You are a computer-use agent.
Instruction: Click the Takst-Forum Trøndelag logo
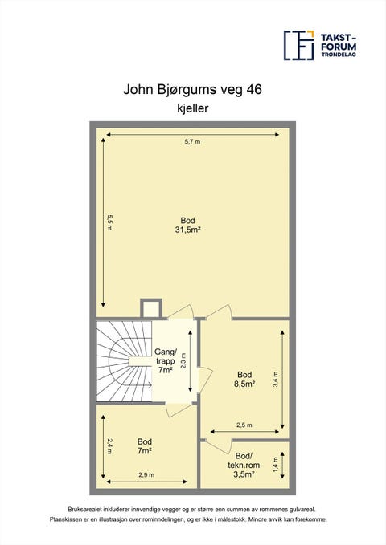(x=320, y=45)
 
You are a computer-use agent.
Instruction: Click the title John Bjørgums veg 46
(x=192, y=90)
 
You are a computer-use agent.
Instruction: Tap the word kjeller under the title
(x=193, y=108)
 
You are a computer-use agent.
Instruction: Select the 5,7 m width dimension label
(x=192, y=141)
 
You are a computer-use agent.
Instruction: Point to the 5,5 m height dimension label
(x=110, y=223)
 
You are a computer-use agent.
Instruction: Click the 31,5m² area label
(x=187, y=230)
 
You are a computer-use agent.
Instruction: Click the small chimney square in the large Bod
(x=151, y=308)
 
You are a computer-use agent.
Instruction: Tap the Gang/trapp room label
(x=166, y=360)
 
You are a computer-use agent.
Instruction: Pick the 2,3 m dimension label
(x=184, y=360)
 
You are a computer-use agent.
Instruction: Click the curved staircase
(x=124, y=361)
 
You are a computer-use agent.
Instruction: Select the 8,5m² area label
(x=244, y=384)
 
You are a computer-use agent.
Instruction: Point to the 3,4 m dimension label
(x=276, y=379)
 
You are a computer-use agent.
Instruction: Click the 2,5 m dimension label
(x=244, y=425)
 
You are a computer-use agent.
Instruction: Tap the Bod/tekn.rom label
(x=244, y=460)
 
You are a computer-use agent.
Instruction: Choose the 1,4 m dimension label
(x=276, y=464)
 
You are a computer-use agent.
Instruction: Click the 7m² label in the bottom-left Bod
(x=144, y=451)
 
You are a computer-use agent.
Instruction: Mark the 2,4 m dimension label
(x=110, y=446)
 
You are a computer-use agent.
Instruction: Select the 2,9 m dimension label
(x=146, y=475)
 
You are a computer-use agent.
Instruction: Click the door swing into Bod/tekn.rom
(x=219, y=446)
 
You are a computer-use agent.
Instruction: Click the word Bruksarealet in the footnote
(x=81, y=510)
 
